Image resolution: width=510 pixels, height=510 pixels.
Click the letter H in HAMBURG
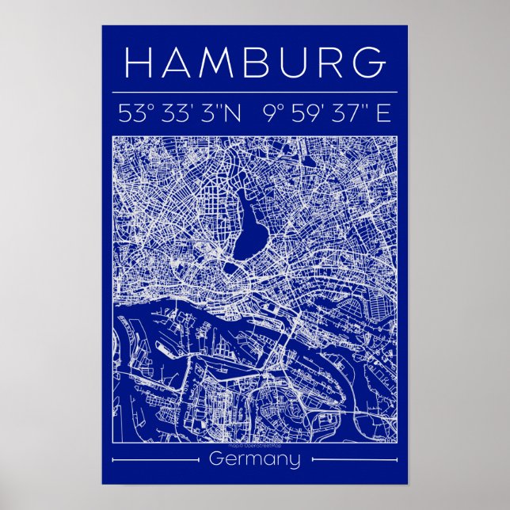140,63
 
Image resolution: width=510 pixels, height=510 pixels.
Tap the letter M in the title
215,63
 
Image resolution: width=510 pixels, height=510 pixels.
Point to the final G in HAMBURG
368,63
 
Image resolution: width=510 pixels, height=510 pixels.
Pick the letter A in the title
176,63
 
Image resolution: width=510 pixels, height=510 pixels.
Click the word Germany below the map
255,460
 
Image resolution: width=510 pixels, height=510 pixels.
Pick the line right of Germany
353,459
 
